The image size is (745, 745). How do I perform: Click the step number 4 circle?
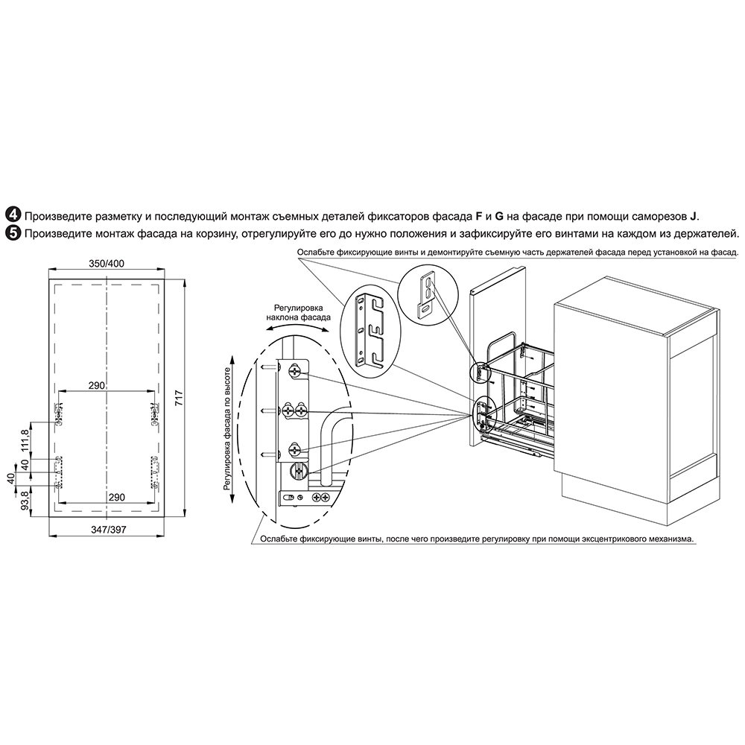13,216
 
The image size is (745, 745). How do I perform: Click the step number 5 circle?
13,234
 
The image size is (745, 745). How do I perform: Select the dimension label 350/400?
107,263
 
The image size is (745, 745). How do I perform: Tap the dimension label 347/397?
108,529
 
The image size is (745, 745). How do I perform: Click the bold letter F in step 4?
479,216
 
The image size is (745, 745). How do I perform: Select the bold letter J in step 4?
692,216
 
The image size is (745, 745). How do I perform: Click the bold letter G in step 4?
499,216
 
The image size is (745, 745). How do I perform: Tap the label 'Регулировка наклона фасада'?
299,312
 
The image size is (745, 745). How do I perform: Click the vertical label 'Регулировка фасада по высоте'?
227,428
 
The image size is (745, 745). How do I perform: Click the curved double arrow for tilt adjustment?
299,326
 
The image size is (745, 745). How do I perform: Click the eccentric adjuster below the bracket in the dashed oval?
299,472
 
